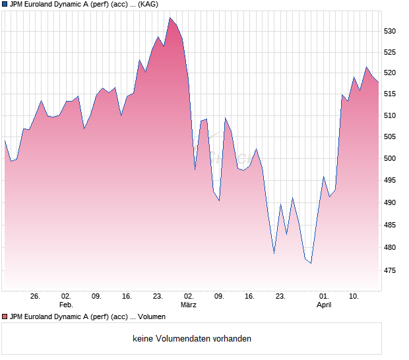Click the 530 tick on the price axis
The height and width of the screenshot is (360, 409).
click(x=391, y=31)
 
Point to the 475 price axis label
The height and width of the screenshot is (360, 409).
click(x=391, y=270)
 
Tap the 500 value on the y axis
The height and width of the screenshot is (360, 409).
click(x=391, y=159)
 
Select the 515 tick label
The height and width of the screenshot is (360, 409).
click(x=391, y=94)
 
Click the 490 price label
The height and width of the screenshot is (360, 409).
click(x=391, y=203)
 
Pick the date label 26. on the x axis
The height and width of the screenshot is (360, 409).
click(x=36, y=297)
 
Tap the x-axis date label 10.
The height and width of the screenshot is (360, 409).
click(x=354, y=297)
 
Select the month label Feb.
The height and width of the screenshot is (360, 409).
click(x=65, y=305)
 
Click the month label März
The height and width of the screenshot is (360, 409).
click(x=189, y=305)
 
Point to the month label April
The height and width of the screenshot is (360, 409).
click(x=324, y=305)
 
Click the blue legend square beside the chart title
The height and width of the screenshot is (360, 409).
click(x=5, y=5)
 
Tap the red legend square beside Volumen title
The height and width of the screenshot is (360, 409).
click(x=5, y=317)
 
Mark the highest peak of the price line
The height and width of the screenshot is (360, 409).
click(x=170, y=18)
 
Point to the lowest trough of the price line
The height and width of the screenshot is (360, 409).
click(x=311, y=263)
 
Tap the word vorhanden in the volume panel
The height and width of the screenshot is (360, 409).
click(x=232, y=339)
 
